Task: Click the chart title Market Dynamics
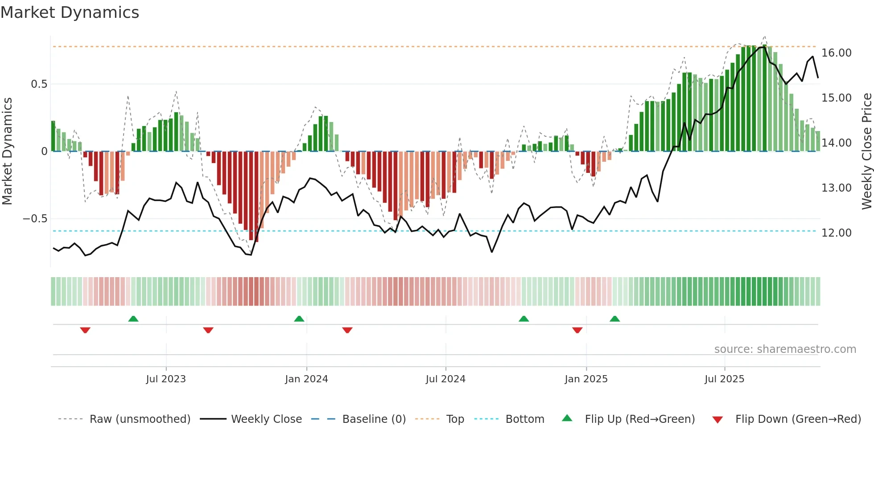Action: (x=70, y=12)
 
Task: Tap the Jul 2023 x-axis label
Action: (x=166, y=379)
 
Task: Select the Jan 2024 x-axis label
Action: (x=306, y=379)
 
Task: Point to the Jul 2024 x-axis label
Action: (x=445, y=379)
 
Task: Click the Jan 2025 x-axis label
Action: (x=586, y=379)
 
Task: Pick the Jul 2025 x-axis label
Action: (x=725, y=379)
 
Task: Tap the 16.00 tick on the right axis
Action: (x=837, y=53)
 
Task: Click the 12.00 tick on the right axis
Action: (x=837, y=233)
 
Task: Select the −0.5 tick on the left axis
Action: (x=35, y=219)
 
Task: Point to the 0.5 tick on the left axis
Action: (x=39, y=84)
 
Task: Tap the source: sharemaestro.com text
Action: (x=785, y=349)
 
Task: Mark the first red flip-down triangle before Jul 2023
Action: (x=85, y=330)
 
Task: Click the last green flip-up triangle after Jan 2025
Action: (x=615, y=319)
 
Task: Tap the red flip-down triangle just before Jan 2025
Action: (x=577, y=330)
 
